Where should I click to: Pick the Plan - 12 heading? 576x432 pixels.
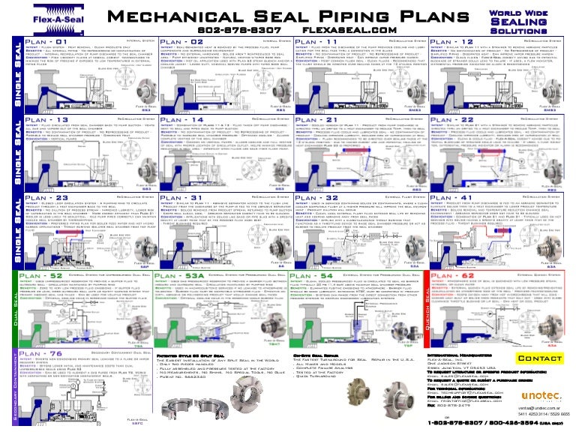click(459, 42)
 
